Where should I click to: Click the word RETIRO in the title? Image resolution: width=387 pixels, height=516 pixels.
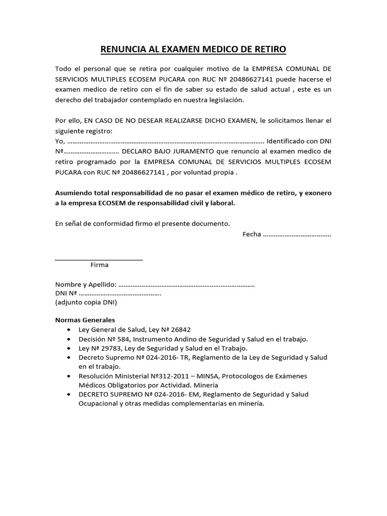pyautogui.click(x=269, y=49)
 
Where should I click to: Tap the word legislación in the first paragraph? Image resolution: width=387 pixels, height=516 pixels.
pyautogui.click(x=222, y=100)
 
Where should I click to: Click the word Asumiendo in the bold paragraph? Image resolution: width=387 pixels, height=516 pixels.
pyautogui.click(x=74, y=193)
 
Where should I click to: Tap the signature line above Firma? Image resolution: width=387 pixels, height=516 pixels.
pyautogui.click(x=99, y=260)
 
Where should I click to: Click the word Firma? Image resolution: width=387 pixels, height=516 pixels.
pyautogui.click(x=99, y=265)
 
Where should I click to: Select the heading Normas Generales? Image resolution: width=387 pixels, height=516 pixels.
pyautogui.click(x=85, y=320)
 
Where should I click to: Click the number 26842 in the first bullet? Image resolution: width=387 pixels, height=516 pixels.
pyautogui.click(x=180, y=330)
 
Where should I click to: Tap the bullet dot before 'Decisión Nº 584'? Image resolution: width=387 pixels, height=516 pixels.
pyautogui.click(x=69, y=339)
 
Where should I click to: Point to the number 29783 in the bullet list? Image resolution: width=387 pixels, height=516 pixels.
pyautogui.click(x=110, y=348)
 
